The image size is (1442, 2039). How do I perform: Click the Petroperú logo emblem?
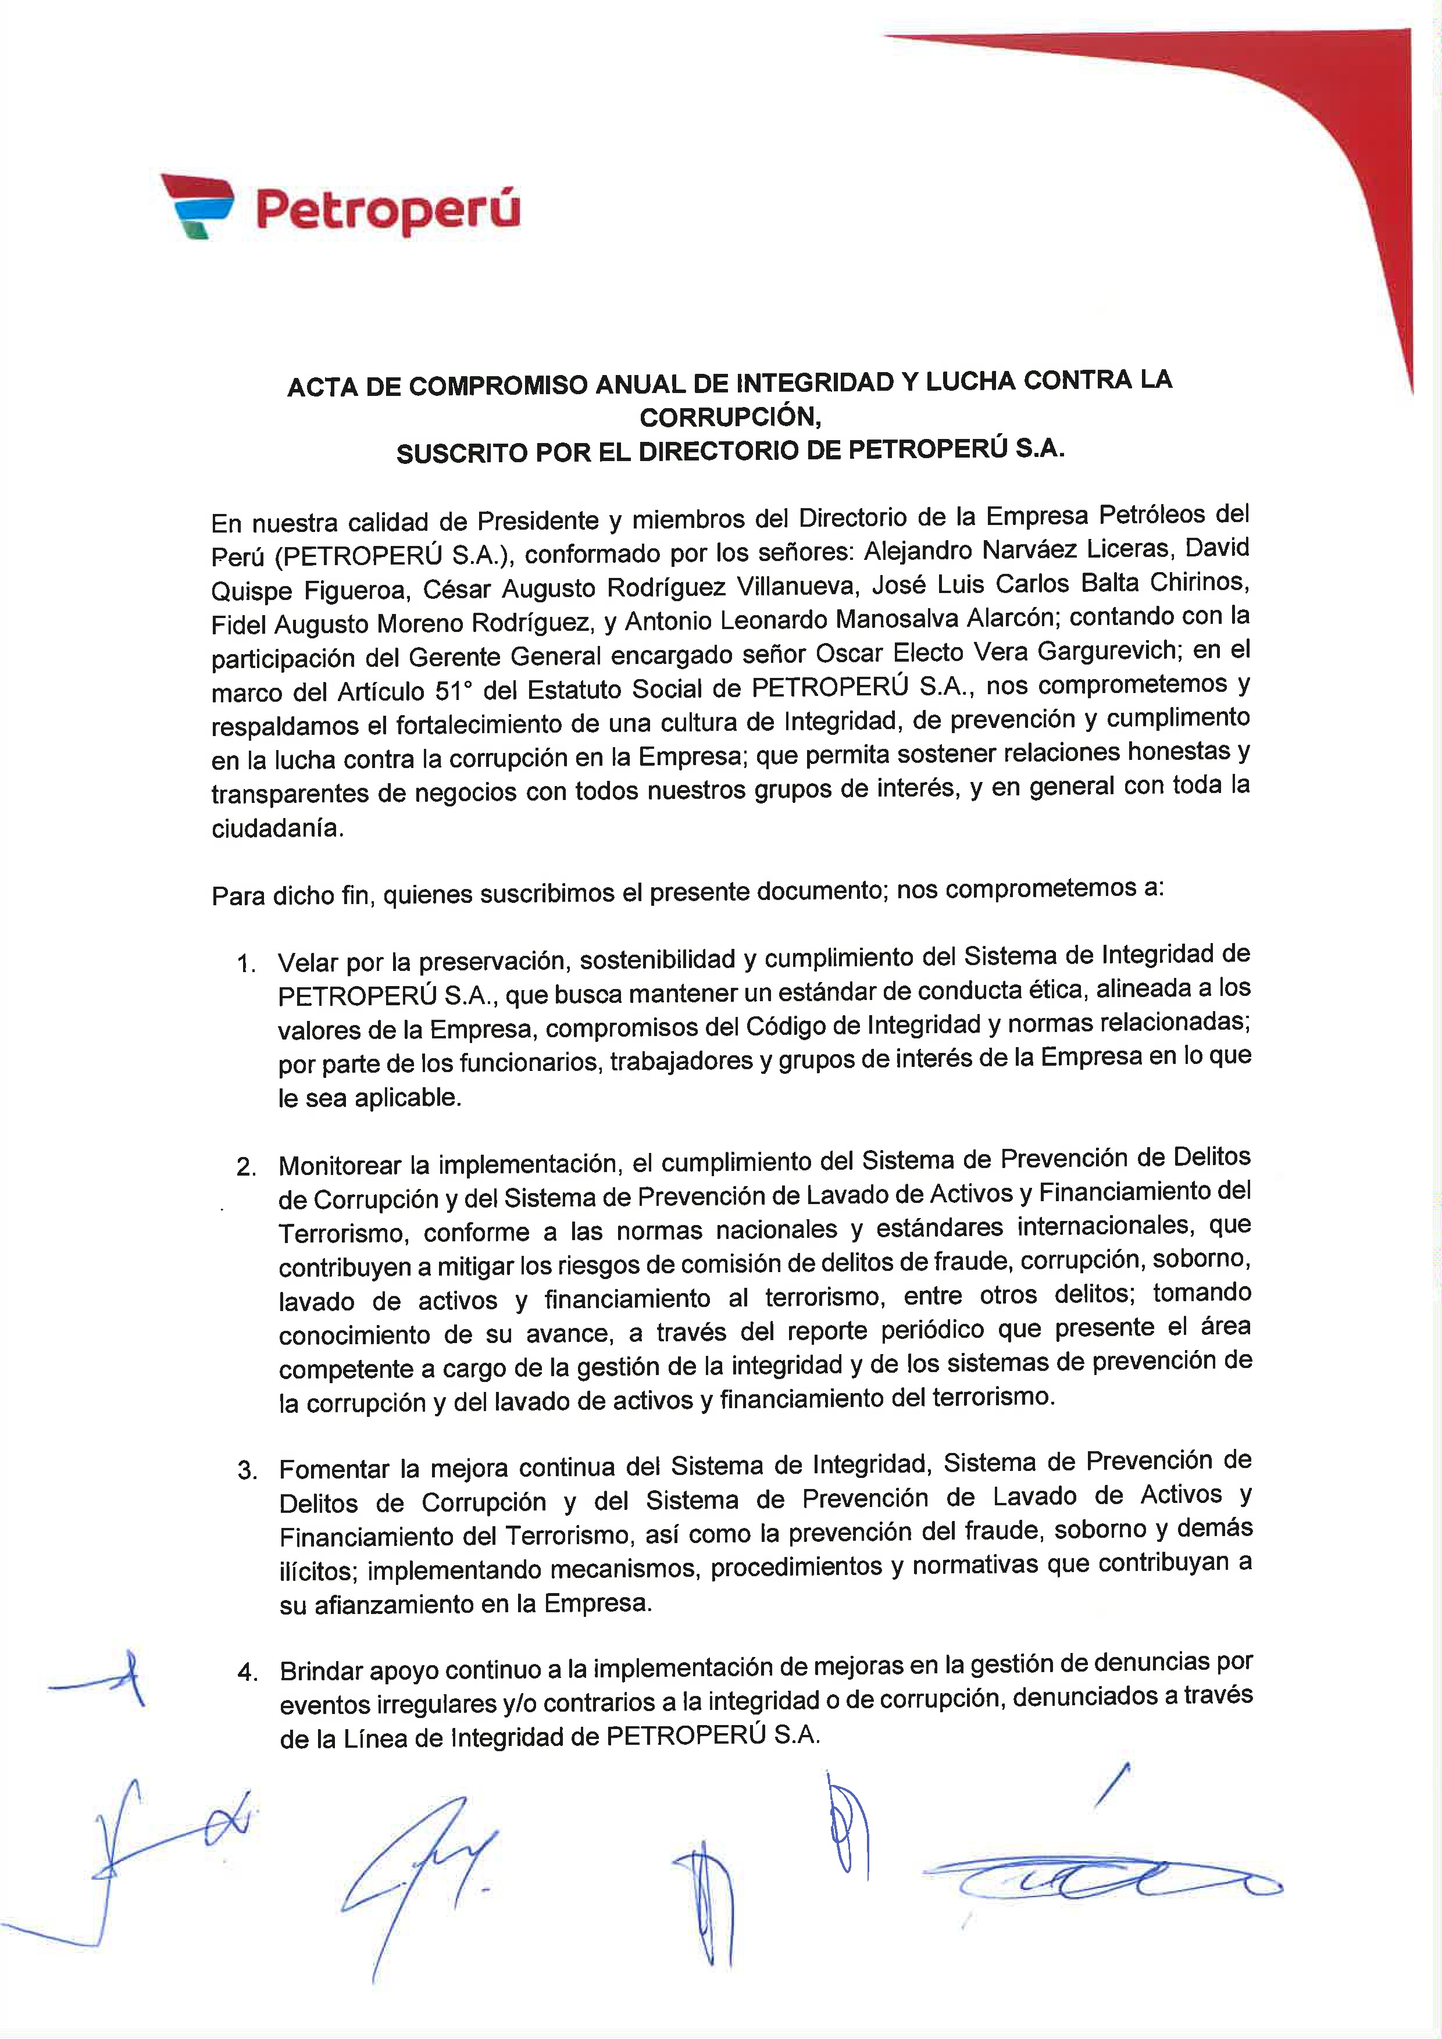click(x=197, y=206)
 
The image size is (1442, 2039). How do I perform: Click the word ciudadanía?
click(x=276, y=829)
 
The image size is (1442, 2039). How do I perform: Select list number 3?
click(x=247, y=1470)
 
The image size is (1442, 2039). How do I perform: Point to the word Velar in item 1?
click(x=307, y=963)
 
